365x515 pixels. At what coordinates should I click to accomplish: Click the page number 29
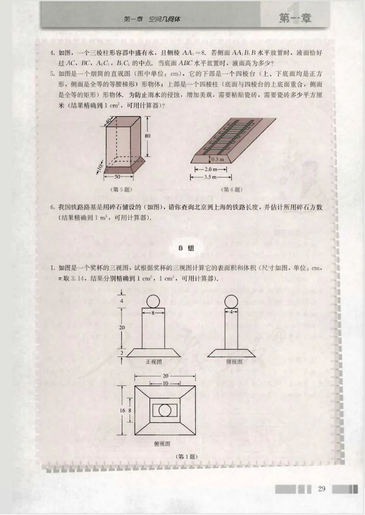tap(321, 489)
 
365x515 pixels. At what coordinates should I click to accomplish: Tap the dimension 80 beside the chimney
tap(148, 136)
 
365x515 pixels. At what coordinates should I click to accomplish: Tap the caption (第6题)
tap(231, 189)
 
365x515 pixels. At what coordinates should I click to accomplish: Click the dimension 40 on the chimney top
tap(109, 120)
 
